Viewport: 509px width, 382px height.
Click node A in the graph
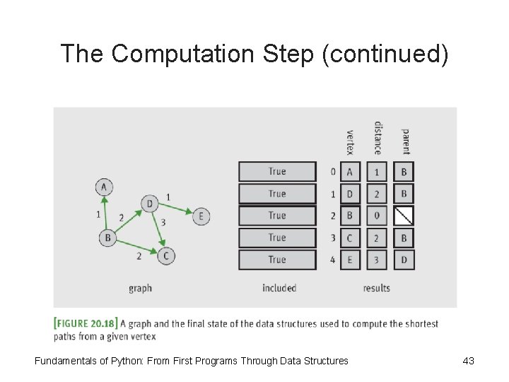coord(104,187)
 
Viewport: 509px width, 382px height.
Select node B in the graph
coord(107,238)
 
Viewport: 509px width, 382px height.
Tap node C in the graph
coord(165,255)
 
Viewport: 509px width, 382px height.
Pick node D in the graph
coord(149,204)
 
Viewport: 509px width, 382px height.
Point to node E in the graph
coord(201,216)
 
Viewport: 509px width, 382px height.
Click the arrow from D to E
coord(175,209)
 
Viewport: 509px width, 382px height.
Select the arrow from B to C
coord(136,247)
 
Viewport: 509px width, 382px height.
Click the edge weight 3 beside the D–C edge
coord(163,223)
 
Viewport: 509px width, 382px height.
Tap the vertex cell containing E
coord(349,260)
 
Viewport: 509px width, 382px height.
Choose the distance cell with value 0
coord(376,215)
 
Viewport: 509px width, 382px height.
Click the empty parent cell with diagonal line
coord(404,215)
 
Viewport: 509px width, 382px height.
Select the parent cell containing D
coord(404,260)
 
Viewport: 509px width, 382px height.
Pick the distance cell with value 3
coord(376,260)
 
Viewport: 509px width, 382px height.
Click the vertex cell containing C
coord(349,238)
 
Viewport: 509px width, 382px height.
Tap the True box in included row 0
coord(277,171)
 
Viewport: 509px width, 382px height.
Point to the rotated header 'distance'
coord(378,138)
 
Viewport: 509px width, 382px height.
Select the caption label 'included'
coord(279,288)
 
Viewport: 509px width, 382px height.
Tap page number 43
coord(468,361)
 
